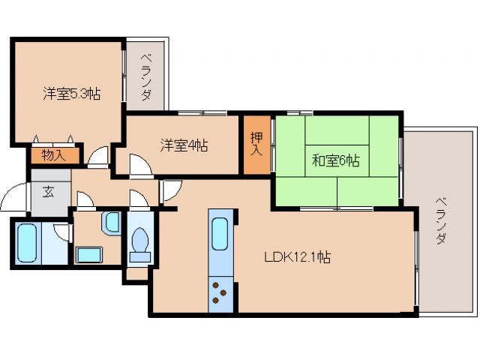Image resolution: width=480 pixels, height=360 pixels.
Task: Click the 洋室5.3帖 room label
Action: pyautogui.click(x=71, y=94)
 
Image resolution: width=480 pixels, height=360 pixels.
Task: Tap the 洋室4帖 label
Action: pyautogui.click(x=184, y=145)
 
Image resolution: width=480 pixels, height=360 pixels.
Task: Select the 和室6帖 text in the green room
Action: pyautogui.click(x=335, y=160)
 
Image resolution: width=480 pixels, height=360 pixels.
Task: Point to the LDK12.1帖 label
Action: pyautogui.click(x=297, y=257)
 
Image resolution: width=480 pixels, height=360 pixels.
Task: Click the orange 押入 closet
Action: pyautogui.click(x=256, y=143)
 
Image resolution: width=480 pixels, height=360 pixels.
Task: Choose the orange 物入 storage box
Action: pyautogui.click(x=52, y=156)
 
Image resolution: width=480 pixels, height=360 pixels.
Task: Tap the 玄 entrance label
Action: pyautogui.click(x=48, y=192)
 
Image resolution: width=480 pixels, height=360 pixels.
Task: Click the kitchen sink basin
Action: pyautogui.click(x=221, y=233)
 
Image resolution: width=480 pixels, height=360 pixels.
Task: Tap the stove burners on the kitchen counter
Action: pyautogui.click(x=221, y=292)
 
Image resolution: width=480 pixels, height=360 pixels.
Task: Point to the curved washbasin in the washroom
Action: pyautogui.click(x=111, y=221)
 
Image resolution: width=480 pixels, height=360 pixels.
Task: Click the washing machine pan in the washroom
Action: pyautogui.click(x=89, y=253)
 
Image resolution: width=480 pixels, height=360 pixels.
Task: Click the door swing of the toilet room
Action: pyautogui.click(x=139, y=199)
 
